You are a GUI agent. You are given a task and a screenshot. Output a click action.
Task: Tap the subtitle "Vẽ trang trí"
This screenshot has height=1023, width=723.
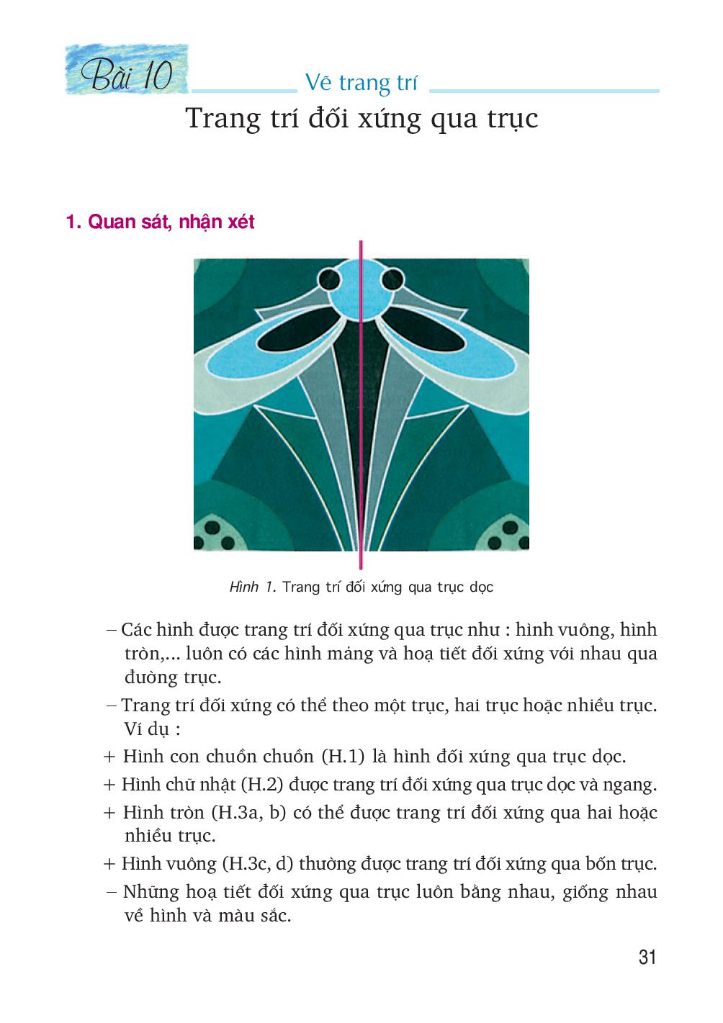tap(361, 83)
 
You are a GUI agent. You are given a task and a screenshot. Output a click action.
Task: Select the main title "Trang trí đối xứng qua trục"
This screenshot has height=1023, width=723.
tap(361, 119)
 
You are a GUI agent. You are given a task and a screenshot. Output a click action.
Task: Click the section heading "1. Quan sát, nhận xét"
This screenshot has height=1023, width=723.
tap(160, 222)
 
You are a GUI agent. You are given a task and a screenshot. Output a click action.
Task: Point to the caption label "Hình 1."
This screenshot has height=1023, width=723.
tap(253, 587)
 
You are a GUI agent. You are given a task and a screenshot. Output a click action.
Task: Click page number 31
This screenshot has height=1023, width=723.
tap(647, 957)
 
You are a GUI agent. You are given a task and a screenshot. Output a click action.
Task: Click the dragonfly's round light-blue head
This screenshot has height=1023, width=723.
tap(361, 292)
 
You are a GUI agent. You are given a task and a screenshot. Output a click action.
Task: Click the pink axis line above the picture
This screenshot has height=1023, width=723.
tap(361, 248)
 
